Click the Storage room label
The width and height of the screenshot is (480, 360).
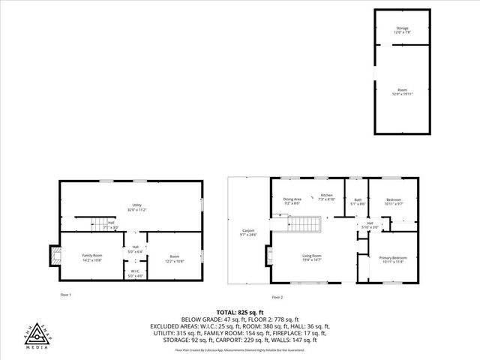coord(403,28)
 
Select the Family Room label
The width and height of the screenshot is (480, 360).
coord(91,256)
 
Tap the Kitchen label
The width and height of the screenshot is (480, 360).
coord(326,196)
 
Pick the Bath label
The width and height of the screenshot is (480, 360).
coord(358,199)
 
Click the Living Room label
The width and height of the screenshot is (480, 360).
coord(312,256)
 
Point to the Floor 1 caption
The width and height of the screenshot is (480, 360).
coord(66,295)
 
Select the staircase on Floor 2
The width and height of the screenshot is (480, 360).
coord(305,224)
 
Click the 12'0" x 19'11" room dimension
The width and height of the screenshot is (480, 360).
coord(403,94)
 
